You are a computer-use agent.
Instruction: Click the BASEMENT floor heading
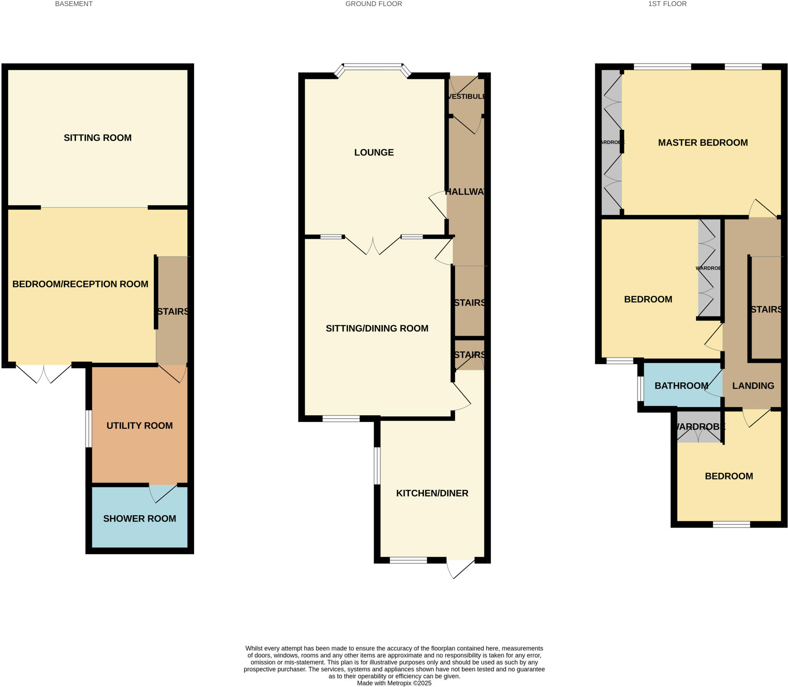pyautogui.click(x=74, y=4)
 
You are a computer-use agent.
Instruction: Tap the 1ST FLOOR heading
pyautogui.click(x=667, y=4)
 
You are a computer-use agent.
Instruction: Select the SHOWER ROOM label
pyautogui.click(x=139, y=518)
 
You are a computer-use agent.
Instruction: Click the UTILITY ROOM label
pyautogui.click(x=139, y=426)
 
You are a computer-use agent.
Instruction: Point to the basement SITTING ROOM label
pyautogui.click(x=97, y=137)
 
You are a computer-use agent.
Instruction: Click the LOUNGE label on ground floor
pyautogui.click(x=374, y=152)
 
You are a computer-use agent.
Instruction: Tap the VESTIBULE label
pyautogui.click(x=466, y=96)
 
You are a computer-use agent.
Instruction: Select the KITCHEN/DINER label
pyautogui.click(x=432, y=493)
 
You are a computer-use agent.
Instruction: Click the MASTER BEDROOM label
pyautogui.click(x=703, y=142)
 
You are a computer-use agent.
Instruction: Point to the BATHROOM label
pyautogui.click(x=681, y=385)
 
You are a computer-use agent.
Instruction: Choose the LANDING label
pyautogui.click(x=753, y=385)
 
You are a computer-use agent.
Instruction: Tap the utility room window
pyautogui.click(x=88, y=429)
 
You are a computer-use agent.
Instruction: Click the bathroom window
pyautogui.click(x=640, y=389)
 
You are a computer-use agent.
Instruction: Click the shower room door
pyautogui.click(x=163, y=493)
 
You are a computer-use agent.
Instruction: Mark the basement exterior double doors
pyautogui.click(x=43, y=373)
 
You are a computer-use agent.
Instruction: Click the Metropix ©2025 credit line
pyautogui.click(x=394, y=683)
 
